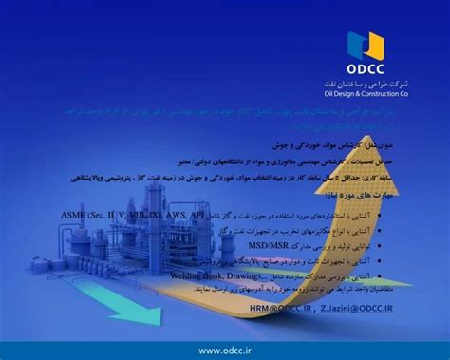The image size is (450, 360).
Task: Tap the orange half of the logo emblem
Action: [375, 43]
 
